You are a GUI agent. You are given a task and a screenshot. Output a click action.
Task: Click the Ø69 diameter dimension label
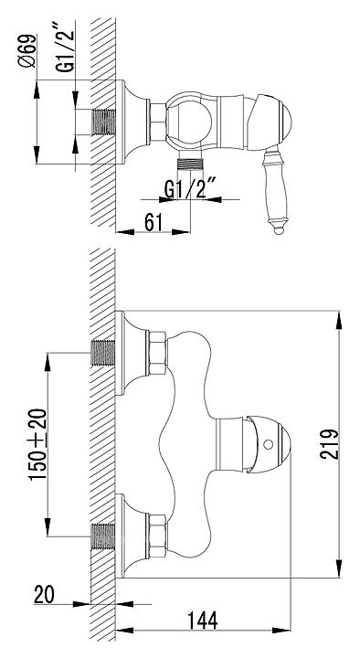click(29, 50)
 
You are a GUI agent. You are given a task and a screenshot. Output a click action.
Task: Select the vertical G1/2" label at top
click(66, 47)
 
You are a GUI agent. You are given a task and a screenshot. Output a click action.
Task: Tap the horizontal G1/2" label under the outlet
click(190, 190)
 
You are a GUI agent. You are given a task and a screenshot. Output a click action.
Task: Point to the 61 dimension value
click(154, 221)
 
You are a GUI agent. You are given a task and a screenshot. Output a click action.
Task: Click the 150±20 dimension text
click(37, 444)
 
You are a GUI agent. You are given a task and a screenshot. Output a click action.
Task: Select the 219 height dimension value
click(329, 443)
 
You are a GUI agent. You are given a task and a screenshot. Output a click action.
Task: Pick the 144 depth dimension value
click(203, 621)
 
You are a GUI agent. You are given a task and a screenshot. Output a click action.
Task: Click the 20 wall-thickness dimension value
click(44, 595)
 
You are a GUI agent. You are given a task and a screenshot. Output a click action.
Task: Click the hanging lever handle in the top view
click(276, 190)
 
